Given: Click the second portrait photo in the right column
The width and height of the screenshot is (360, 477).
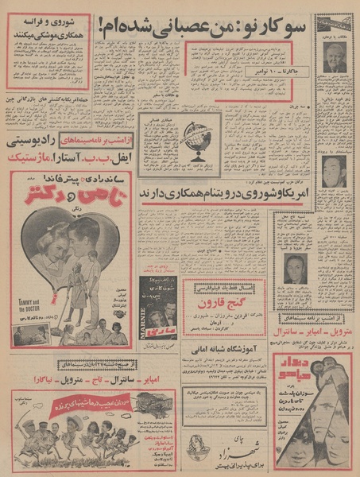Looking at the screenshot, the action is click(334, 171).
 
